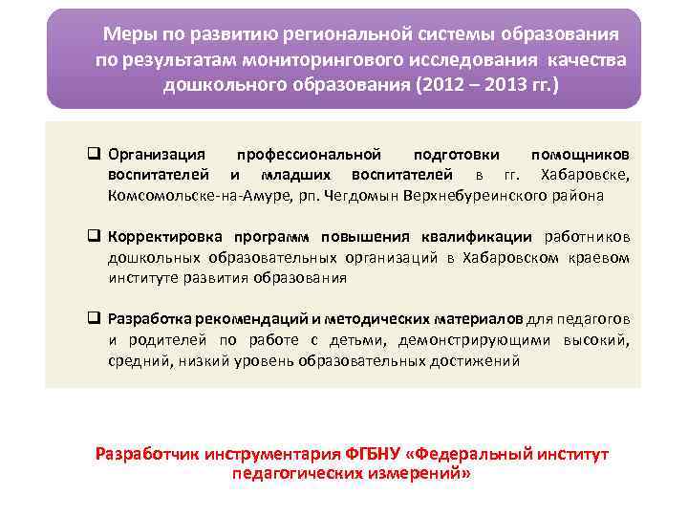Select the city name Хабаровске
tap(585, 175)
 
